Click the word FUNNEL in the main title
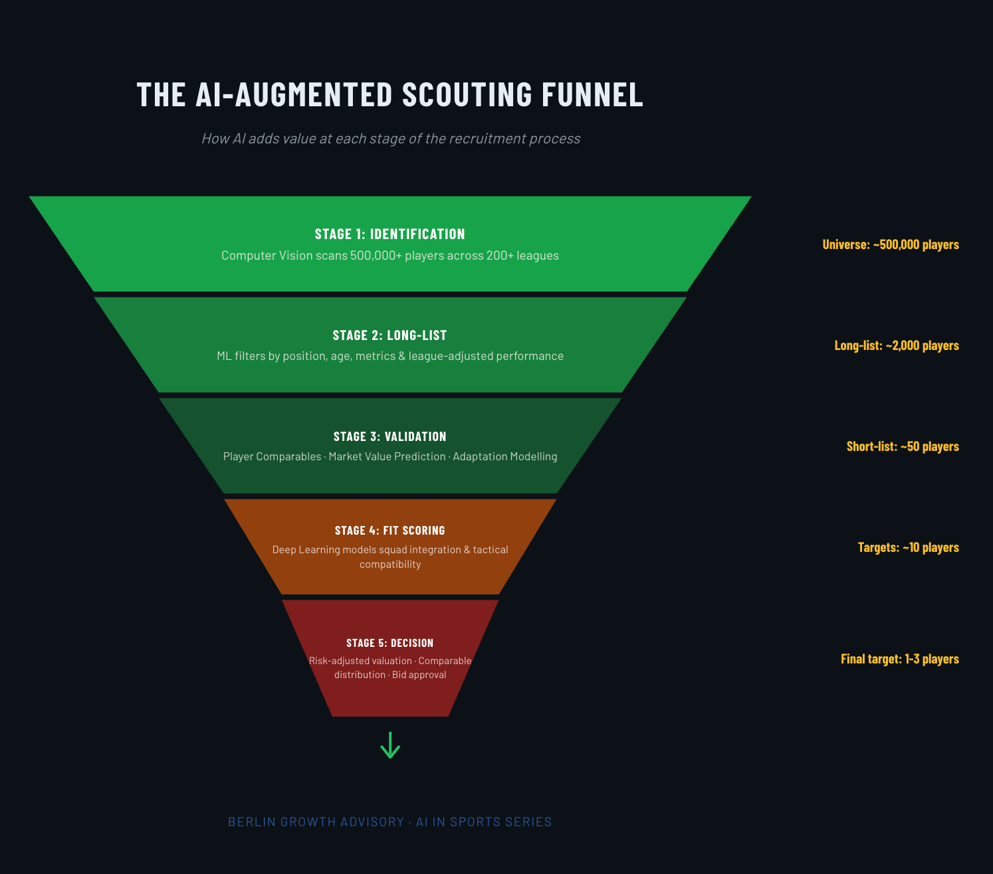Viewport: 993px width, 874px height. click(x=592, y=94)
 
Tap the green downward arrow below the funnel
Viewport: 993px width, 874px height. click(x=390, y=745)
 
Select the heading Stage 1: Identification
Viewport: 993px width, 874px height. click(x=390, y=234)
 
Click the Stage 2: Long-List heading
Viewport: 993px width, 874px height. click(x=390, y=335)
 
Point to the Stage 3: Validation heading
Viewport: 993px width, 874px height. click(x=390, y=436)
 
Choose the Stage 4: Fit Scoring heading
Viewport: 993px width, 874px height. click(x=390, y=531)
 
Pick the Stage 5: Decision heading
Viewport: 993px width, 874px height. click(x=390, y=643)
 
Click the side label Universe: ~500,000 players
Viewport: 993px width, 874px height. click(x=891, y=244)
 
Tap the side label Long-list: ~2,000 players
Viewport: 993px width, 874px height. click(x=897, y=345)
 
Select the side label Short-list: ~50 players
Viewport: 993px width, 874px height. click(x=903, y=446)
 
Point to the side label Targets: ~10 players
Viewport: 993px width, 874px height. click(x=909, y=547)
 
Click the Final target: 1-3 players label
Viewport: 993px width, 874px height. click(x=900, y=659)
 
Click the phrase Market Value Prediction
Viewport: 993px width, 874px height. click(x=387, y=456)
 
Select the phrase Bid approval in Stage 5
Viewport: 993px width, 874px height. click(x=419, y=675)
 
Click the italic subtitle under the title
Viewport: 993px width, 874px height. click(x=391, y=139)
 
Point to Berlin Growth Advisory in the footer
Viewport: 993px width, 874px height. click(x=316, y=822)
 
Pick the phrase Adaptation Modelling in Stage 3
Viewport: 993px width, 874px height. click(x=505, y=456)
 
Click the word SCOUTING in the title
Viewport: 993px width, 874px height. click(x=467, y=94)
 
